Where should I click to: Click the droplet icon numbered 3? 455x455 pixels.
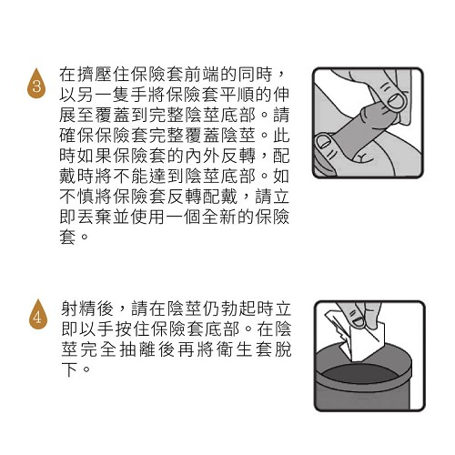[x=36, y=84]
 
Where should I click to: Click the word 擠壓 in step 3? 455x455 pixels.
[x=95, y=75]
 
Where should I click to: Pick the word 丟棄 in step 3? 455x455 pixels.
[x=95, y=217]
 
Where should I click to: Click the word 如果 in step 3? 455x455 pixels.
[x=95, y=157]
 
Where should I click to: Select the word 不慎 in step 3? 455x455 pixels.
[x=76, y=197]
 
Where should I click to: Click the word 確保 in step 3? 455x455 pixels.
[x=76, y=136]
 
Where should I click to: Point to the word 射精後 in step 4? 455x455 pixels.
[x=87, y=308]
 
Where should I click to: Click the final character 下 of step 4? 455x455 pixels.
[x=69, y=369]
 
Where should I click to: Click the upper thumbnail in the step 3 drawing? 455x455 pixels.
[x=397, y=101]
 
